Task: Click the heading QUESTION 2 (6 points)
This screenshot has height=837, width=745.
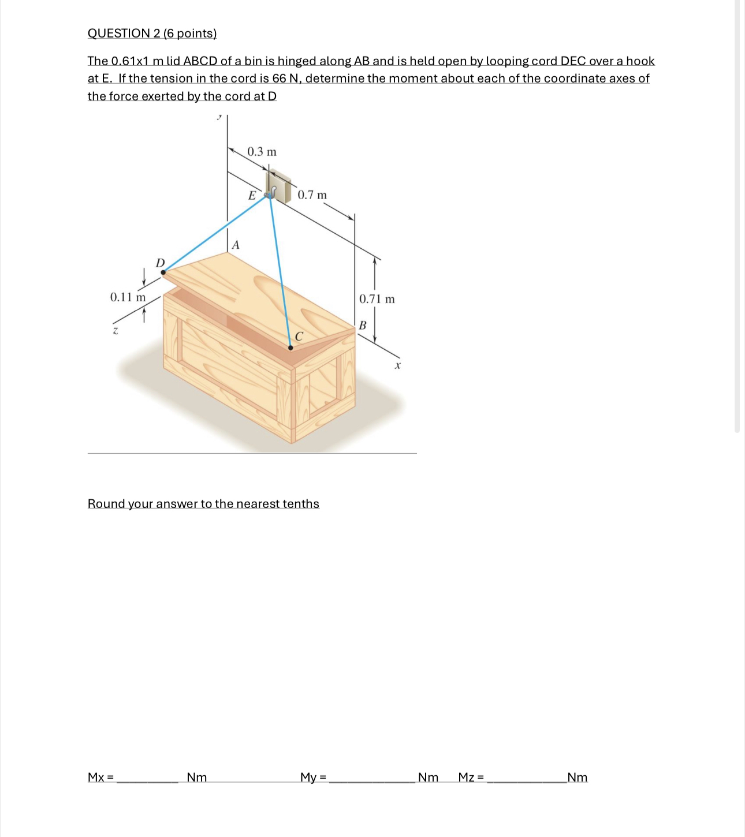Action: [152, 33]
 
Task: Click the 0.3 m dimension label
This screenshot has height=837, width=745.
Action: [262, 152]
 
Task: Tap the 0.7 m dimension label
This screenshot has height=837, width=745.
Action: [312, 195]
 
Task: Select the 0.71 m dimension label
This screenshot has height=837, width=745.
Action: [377, 299]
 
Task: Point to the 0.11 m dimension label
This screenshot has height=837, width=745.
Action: [128, 297]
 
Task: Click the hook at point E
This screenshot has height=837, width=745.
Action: [269, 194]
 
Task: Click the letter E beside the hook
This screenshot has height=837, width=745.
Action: [252, 196]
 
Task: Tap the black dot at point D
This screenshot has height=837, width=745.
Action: [163, 272]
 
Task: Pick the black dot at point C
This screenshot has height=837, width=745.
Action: [290, 348]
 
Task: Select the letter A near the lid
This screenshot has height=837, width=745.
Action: [235, 245]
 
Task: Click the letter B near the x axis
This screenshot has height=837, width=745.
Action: [362, 326]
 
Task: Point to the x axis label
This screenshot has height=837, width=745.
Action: [397, 366]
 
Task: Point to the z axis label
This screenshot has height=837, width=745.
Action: [116, 331]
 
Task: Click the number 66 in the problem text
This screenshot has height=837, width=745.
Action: [279, 79]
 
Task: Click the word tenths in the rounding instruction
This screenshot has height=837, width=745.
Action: [300, 504]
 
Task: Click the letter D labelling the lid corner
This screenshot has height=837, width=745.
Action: [161, 263]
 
